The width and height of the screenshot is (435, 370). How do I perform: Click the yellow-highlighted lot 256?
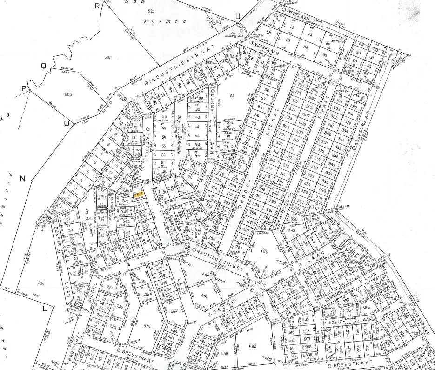(x=139, y=195)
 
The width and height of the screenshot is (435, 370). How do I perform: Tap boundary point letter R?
(x=97, y=6)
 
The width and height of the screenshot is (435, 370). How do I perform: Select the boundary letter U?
(x=238, y=17)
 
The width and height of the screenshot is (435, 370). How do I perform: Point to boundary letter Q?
(x=44, y=66)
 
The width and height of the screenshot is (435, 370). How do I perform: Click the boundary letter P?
(x=23, y=89)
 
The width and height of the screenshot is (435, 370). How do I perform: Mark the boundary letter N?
(x=21, y=179)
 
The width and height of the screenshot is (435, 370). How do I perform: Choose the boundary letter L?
(x=45, y=309)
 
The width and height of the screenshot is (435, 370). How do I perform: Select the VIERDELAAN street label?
(x=266, y=49)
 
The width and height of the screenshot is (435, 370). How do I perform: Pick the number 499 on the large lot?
(x=253, y=346)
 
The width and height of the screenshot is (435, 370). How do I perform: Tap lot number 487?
(x=204, y=296)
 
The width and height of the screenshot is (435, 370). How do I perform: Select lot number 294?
(x=265, y=251)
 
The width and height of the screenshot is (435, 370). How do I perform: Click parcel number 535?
(x=68, y=94)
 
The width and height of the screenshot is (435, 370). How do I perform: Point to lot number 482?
(x=174, y=311)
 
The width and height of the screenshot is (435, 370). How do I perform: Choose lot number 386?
(x=366, y=307)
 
